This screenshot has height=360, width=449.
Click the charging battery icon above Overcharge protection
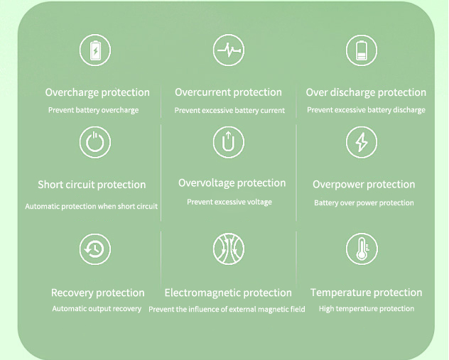tap(95, 50)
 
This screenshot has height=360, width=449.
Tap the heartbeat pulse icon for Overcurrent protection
tap(229, 50)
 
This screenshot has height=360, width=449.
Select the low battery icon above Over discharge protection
tap(362, 50)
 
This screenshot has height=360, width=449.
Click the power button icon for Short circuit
tap(95, 142)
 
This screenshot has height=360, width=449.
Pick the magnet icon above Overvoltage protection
tap(229, 142)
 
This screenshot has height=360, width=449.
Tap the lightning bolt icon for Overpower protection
tap(362, 142)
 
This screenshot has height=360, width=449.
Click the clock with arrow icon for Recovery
tap(95, 249)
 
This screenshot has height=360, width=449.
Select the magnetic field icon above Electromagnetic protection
tap(229, 249)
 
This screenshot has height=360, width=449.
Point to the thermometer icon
tap(362, 249)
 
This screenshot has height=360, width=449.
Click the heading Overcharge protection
tap(97, 93)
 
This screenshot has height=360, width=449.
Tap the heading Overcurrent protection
tap(228, 93)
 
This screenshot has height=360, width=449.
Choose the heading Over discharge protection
tap(366, 93)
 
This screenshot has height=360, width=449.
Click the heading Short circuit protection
tap(92, 185)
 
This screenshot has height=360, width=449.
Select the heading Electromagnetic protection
tap(228, 293)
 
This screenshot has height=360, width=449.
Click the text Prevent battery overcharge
tap(93, 110)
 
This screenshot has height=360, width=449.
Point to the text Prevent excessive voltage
tap(229, 202)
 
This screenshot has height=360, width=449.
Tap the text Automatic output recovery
tap(97, 309)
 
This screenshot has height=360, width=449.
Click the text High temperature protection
tap(367, 309)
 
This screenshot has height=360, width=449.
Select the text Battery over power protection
tap(364, 203)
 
